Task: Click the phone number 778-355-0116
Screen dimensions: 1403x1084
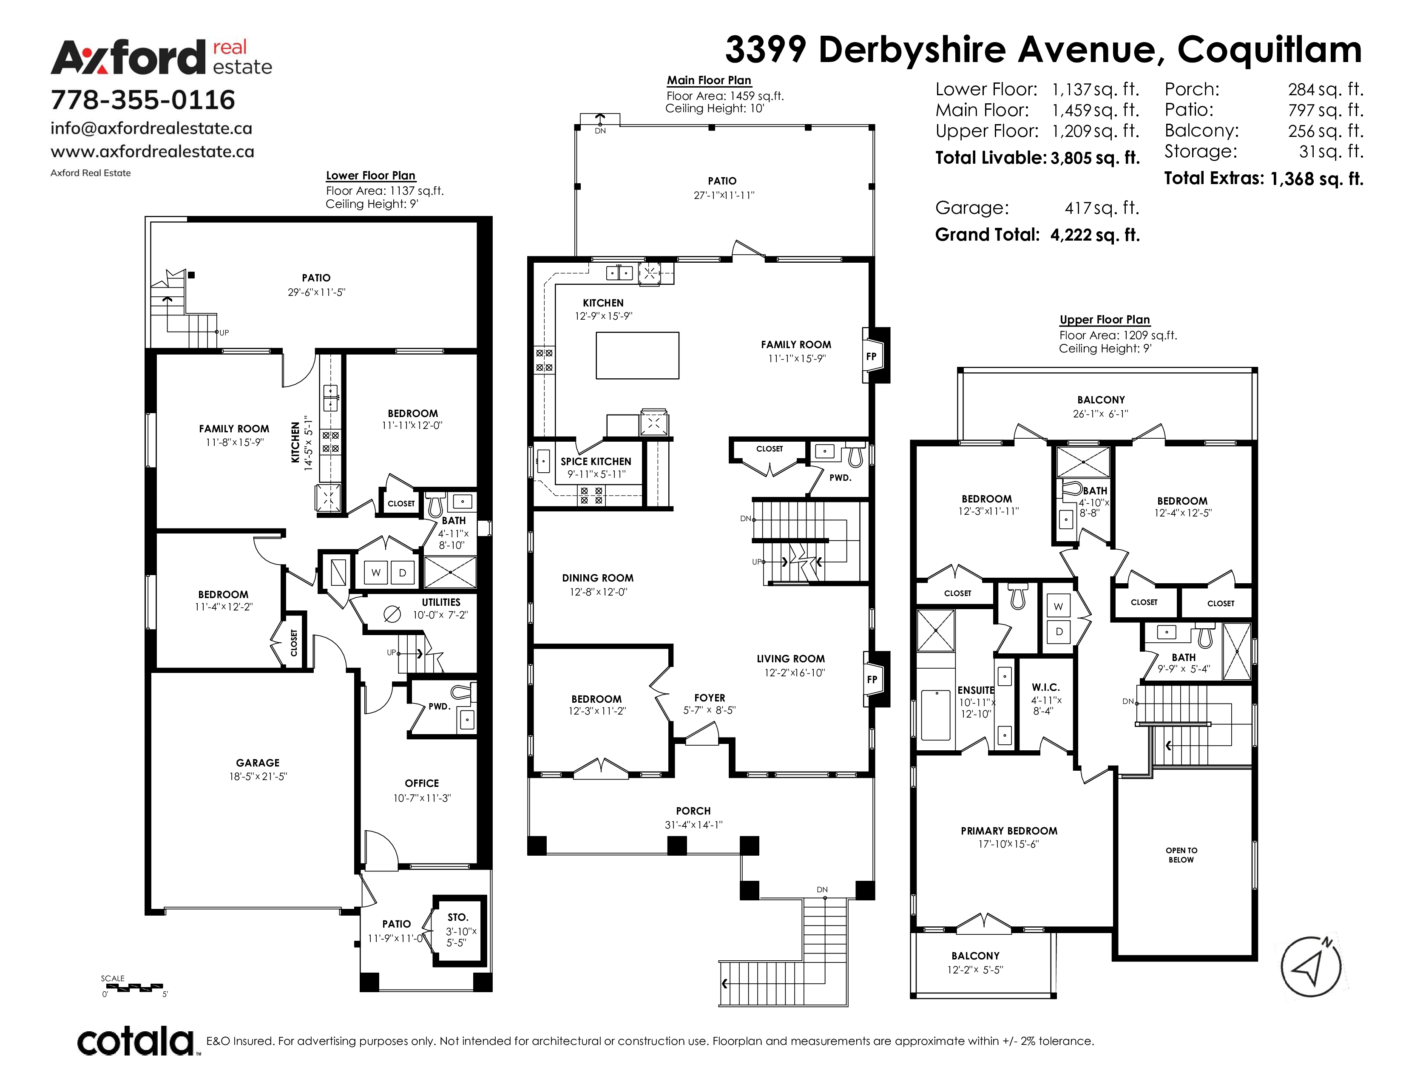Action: pyautogui.click(x=142, y=99)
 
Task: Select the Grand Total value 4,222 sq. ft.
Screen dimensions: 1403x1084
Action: pyautogui.click(x=1095, y=235)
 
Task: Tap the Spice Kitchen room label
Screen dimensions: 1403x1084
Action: pyautogui.click(x=596, y=462)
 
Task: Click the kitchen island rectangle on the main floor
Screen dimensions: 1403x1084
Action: pyautogui.click(x=637, y=355)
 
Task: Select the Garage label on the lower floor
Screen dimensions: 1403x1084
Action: pyautogui.click(x=258, y=763)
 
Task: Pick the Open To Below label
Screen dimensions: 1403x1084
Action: pyautogui.click(x=1181, y=855)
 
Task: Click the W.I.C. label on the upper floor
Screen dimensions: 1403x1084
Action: pyautogui.click(x=1046, y=687)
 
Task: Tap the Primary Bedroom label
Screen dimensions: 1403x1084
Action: pyautogui.click(x=1008, y=831)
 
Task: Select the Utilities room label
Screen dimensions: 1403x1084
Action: pyautogui.click(x=441, y=602)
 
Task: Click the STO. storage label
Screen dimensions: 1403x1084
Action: pyautogui.click(x=458, y=917)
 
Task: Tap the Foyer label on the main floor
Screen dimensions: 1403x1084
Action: pyautogui.click(x=709, y=698)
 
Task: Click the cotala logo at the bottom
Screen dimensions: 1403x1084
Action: pyautogui.click(x=136, y=1041)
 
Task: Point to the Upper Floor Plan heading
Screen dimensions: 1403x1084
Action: pyautogui.click(x=1105, y=320)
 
